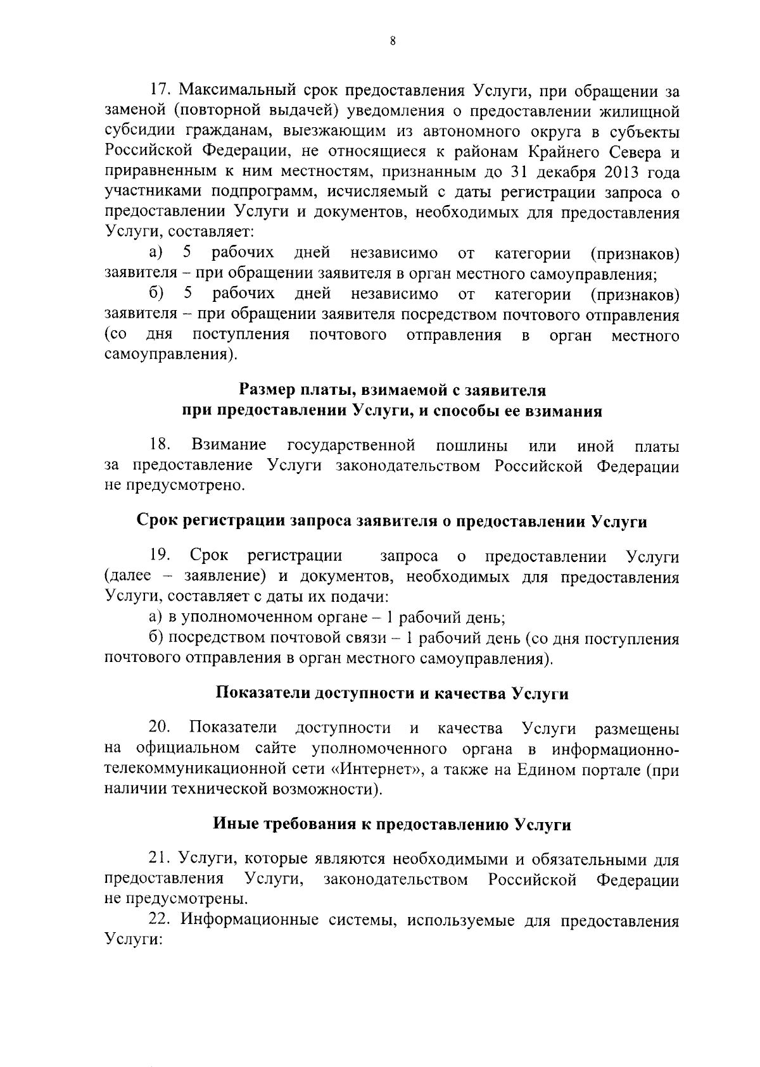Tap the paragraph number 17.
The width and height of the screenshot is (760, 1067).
tap(158, 92)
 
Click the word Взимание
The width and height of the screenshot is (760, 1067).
tap(229, 446)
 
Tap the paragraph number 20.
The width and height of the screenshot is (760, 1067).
tap(158, 729)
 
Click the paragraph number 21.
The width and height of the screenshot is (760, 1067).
tap(158, 859)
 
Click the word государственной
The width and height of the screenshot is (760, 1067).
tap(351, 446)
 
